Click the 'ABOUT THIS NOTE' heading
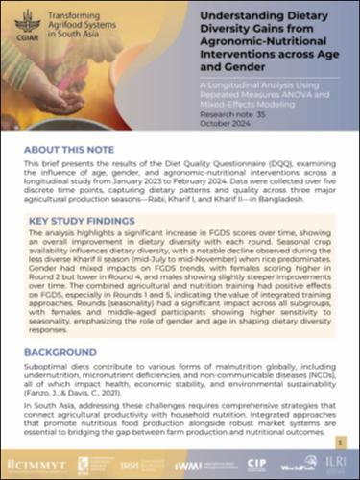click(x=72, y=152)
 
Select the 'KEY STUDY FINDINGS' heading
click(x=84, y=221)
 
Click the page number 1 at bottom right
click(x=340, y=440)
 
